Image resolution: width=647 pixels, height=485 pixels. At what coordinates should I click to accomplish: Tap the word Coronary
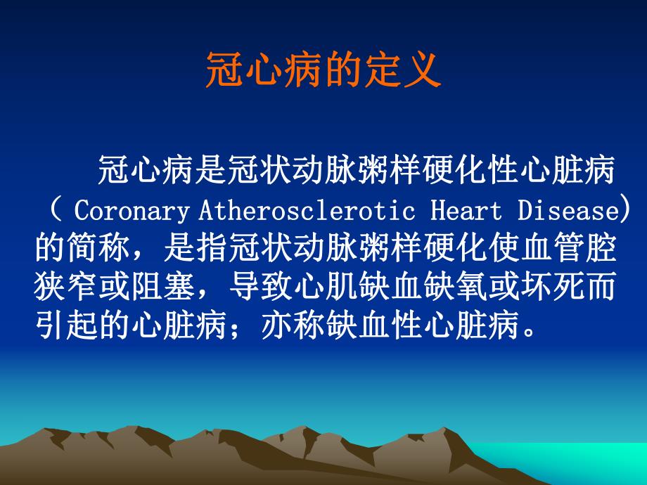(132, 210)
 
